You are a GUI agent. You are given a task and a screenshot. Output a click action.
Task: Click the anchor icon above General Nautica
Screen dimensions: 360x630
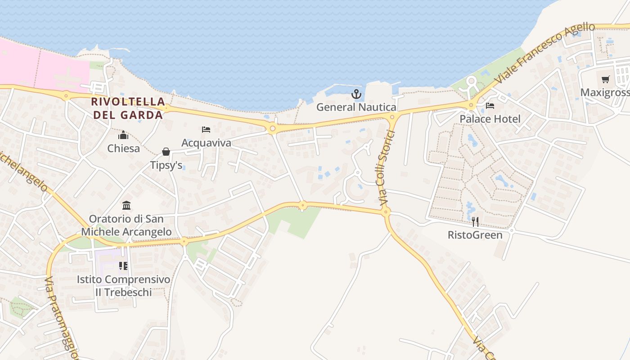(356, 94)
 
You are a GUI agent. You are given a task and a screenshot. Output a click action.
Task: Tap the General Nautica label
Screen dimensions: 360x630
(356, 107)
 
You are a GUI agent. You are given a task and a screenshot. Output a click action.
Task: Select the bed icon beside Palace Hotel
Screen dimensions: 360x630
(490, 106)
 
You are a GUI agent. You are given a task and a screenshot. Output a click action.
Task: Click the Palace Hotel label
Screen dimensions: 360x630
(490, 119)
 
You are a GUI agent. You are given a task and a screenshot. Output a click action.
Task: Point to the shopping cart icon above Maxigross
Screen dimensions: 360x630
(606, 80)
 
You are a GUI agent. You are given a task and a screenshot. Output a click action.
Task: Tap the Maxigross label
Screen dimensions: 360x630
(605, 93)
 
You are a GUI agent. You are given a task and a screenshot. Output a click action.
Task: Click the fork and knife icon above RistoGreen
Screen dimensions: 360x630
(475, 221)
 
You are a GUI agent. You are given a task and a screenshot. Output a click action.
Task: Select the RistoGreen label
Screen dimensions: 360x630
(475, 235)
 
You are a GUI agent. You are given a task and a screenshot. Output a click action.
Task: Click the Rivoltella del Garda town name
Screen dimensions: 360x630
(127, 108)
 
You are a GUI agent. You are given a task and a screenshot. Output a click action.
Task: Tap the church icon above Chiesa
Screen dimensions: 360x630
(123, 135)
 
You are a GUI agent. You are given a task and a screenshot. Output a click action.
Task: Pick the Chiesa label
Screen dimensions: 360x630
(123, 148)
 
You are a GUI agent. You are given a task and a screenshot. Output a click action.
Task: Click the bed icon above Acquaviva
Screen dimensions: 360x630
(206, 130)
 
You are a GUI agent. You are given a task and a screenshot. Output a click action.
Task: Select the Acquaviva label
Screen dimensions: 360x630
(206, 143)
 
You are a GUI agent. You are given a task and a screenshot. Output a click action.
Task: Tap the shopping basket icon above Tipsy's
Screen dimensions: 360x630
(166, 152)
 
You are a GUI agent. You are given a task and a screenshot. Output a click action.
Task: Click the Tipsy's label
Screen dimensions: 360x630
(166, 166)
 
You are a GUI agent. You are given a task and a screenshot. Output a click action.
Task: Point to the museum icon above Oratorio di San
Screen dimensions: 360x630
(126, 206)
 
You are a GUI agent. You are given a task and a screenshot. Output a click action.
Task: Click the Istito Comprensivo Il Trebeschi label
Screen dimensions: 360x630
(123, 286)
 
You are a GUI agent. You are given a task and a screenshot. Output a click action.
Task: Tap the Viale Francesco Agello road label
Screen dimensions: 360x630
(544, 54)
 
